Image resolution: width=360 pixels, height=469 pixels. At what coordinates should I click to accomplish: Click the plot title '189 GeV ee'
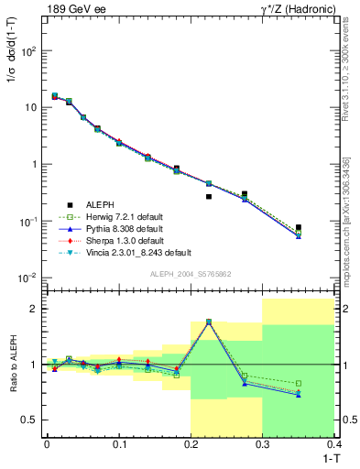[x=75, y=9]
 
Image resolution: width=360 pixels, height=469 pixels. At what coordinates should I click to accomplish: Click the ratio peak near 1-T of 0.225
[x=209, y=322]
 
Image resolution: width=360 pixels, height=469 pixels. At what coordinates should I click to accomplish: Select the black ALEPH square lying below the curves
[x=209, y=196]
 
